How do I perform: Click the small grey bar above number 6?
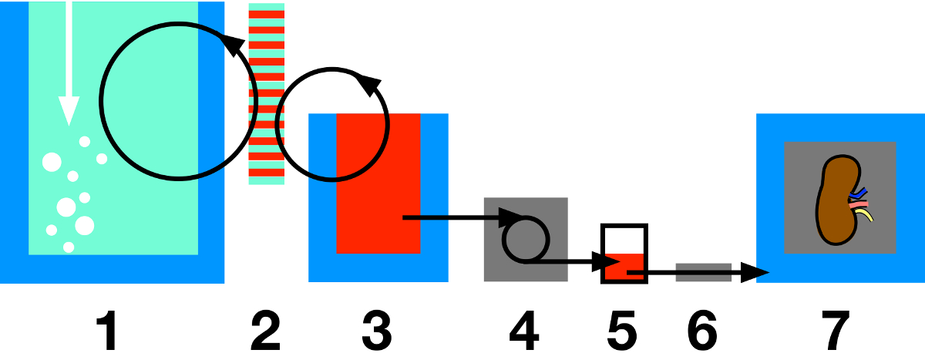tap(703, 272)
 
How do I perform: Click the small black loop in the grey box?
tap(525, 239)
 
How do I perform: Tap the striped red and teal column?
tap(267, 93)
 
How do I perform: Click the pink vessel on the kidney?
tap(859, 205)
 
